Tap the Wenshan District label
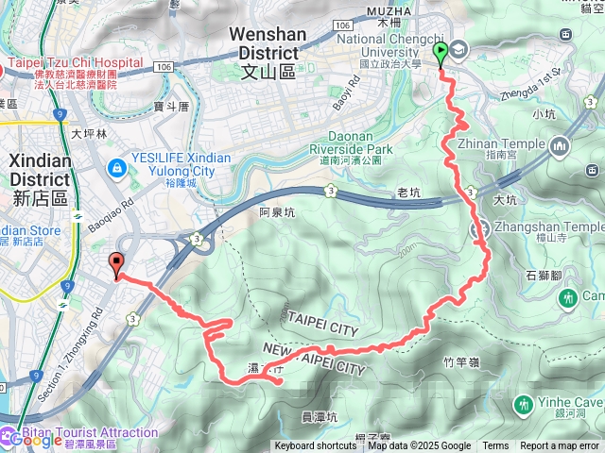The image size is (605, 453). click(268, 42)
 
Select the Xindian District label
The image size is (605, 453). click(40, 170)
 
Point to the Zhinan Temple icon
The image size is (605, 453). click(559, 146)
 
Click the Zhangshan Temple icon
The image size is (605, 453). click(481, 227)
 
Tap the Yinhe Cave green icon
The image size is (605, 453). click(523, 405)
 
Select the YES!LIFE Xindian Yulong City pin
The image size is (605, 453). click(115, 167)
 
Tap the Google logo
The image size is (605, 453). click(36, 440)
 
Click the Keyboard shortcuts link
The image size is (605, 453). click(316, 446)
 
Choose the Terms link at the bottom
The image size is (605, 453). click(495, 446)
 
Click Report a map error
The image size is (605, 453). click(560, 446)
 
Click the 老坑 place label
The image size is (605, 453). click(408, 193)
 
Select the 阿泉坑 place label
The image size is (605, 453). click(278, 213)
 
